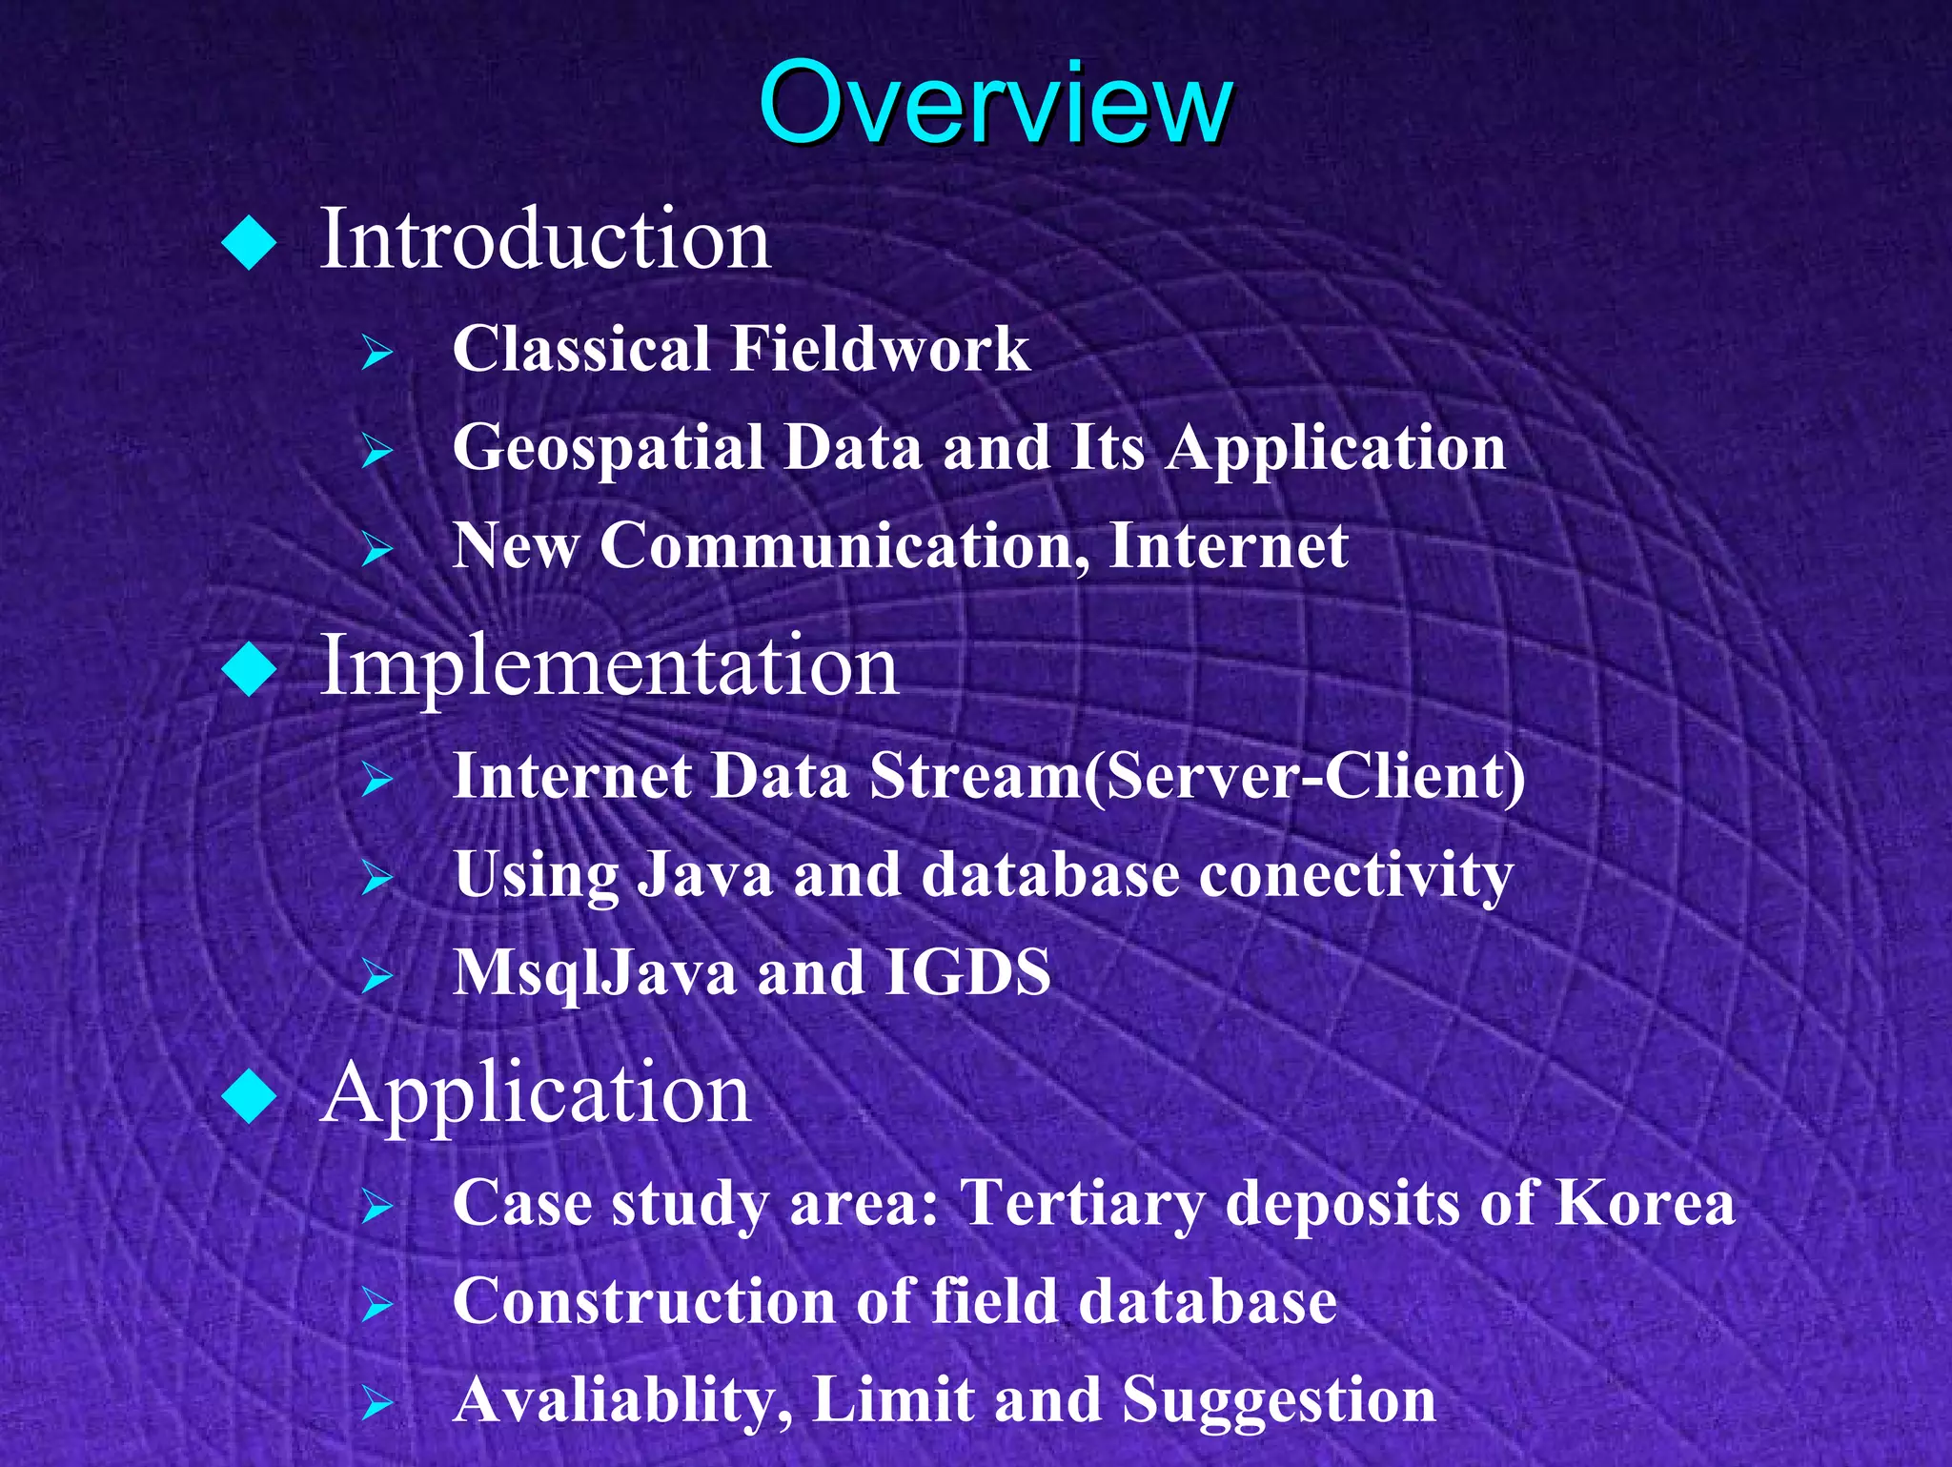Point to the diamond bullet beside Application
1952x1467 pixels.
(x=249, y=1096)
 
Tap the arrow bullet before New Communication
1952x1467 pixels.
(x=377, y=550)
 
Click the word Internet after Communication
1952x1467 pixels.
(x=1229, y=546)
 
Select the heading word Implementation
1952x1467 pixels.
(x=608, y=665)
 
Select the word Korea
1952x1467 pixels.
(x=1644, y=1203)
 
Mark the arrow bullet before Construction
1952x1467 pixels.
(x=377, y=1305)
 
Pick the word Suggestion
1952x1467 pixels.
(x=1278, y=1401)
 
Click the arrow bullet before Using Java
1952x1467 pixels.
(x=377, y=878)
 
